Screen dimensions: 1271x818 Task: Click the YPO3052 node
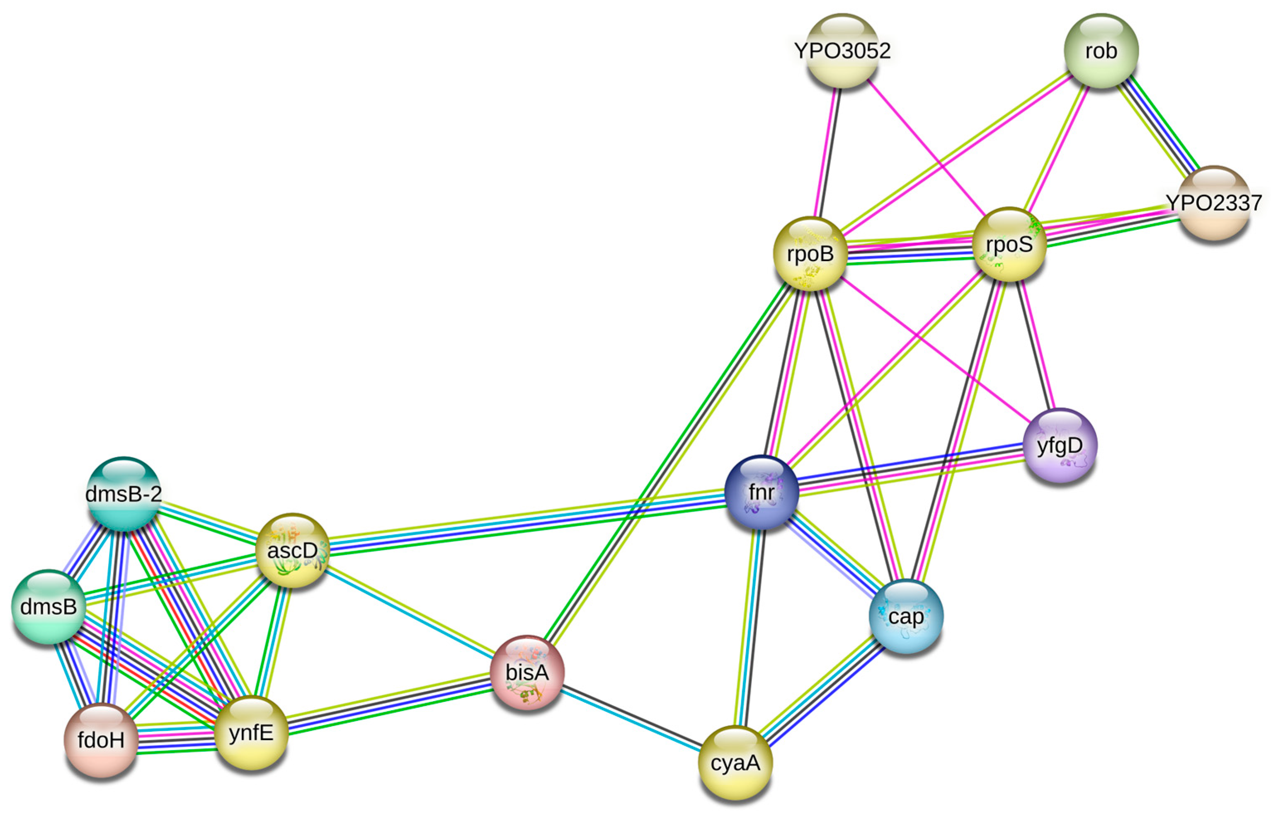842,51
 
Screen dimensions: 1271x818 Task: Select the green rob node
1101,51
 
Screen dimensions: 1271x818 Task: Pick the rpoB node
810,254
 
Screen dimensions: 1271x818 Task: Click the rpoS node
1009,244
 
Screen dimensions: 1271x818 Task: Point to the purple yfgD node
1060,446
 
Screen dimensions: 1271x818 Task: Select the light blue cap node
906,617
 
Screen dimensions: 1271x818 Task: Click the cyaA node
735,763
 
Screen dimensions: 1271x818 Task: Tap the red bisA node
527,672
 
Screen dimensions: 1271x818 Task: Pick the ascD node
292,550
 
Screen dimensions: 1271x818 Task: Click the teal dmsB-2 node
124,494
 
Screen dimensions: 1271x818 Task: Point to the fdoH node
101,740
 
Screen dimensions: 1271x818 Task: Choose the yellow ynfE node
251,733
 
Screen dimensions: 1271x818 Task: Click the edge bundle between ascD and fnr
526,521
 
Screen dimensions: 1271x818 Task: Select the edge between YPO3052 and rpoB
827,151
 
